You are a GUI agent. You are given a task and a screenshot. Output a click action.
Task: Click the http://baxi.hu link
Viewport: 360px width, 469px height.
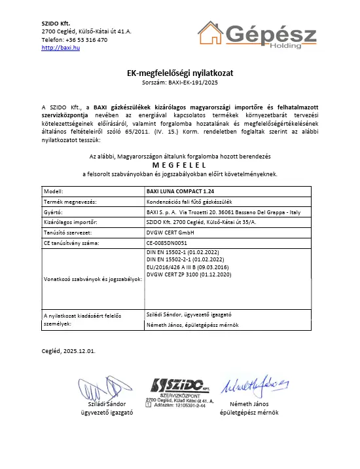click(x=60, y=48)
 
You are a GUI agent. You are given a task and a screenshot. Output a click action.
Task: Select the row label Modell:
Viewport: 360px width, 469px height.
click(x=53, y=191)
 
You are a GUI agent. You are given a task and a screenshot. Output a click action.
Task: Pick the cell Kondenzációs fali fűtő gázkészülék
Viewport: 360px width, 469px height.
click(x=194, y=201)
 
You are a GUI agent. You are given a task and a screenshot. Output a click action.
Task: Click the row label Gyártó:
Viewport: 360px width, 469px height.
click(x=53, y=212)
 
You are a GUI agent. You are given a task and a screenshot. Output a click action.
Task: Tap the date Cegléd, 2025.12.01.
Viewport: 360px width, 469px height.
click(x=69, y=350)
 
